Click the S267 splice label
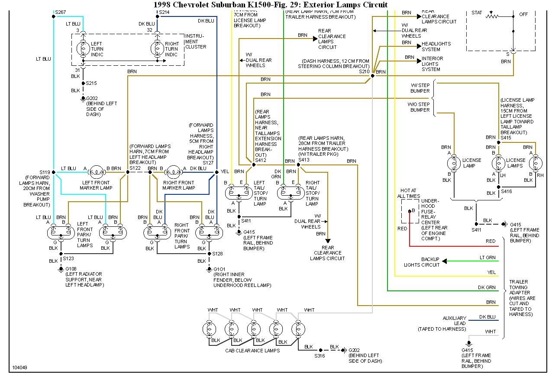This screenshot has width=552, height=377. coord(61,12)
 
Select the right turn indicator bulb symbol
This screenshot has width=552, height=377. coord(157,49)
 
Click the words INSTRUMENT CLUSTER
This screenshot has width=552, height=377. coord(195,41)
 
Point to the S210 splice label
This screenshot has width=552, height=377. coord(365,71)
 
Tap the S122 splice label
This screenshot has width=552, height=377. coord(136,168)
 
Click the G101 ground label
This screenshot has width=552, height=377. coord(220,269)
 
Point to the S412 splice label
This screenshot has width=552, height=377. coord(261,160)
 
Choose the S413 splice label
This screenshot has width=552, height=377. coord(304,160)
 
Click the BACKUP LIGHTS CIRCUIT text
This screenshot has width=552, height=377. coord(421,262)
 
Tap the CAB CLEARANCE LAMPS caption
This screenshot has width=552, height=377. coord(252,350)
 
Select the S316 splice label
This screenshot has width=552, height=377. coord(320,356)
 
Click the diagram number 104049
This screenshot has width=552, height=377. coord(19,368)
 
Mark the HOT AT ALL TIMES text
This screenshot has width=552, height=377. coord(409,193)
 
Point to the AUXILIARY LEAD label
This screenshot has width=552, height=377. coord(454,320)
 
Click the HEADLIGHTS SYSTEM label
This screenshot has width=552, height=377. coord(436,46)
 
